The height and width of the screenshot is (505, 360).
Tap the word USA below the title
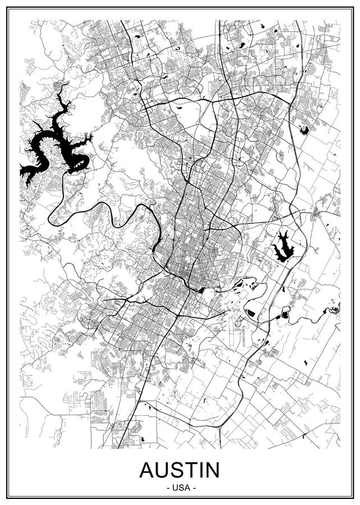click(x=180, y=487)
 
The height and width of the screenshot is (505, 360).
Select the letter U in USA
click(x=174, y=487)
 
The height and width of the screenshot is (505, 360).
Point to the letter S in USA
click(x=180, y=487)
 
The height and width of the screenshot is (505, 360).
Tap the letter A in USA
click(x=186, y=487)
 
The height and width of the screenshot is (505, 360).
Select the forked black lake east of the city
click(x=283, y=247)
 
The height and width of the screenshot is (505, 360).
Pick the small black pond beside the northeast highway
click(x=304, y=130)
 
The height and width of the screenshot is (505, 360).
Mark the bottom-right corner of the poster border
click(x=353, y=497)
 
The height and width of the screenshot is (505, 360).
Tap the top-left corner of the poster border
click(x=7, y=7)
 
